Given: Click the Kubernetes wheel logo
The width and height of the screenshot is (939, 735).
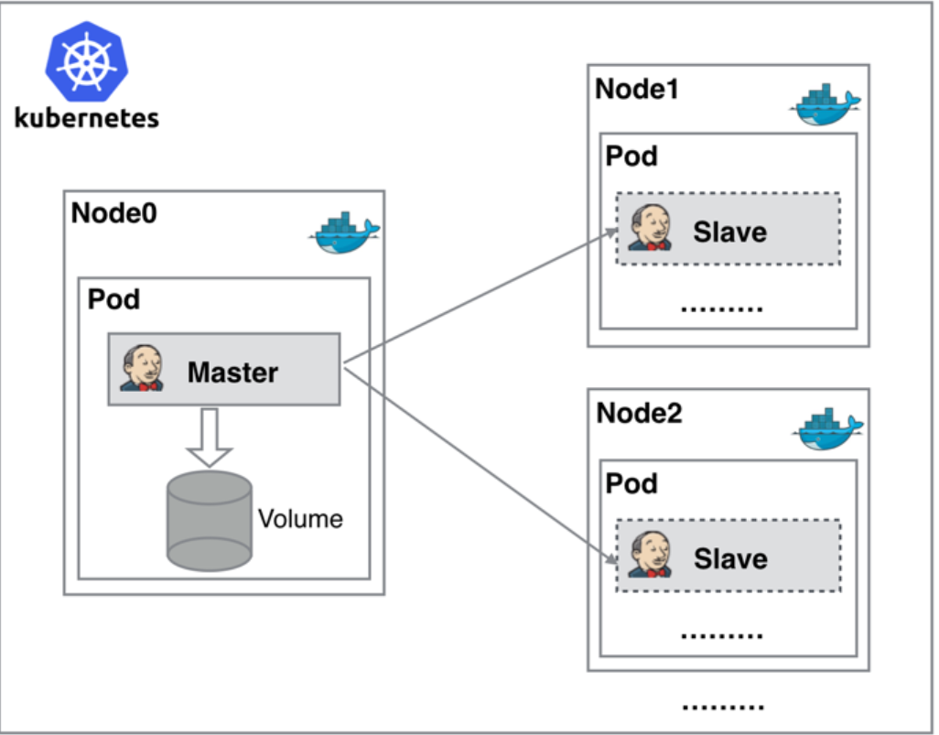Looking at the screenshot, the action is pos(87,61).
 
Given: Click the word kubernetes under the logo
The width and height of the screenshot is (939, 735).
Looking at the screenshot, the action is pos(87,118).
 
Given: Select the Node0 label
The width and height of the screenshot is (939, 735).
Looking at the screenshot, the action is pos(113,213).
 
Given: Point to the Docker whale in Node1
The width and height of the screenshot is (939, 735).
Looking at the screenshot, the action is pos(826,104).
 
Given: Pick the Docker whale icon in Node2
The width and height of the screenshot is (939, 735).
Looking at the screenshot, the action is pos(828,429).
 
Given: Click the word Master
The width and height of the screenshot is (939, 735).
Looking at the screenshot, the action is pos(233,373).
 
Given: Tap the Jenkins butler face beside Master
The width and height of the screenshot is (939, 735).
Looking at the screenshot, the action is pos(142,368).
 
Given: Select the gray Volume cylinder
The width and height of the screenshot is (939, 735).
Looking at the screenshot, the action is pos(209,521).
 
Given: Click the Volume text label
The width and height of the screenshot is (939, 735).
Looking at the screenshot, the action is pos(300,519).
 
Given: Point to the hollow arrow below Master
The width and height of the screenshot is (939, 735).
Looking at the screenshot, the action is pos(209,438).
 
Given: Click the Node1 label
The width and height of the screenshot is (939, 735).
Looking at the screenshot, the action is pos(637,90).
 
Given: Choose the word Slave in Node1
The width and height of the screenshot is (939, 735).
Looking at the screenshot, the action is pos(730,232).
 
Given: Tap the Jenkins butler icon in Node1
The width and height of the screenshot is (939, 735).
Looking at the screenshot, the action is pos(651,227).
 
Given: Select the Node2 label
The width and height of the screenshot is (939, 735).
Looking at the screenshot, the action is pos(639,414).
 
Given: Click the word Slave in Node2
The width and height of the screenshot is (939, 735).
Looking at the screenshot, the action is pos(730,559).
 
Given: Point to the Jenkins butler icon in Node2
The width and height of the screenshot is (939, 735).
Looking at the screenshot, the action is pos(651,554).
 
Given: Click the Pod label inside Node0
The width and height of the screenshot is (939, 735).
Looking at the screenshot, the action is pos(113,299).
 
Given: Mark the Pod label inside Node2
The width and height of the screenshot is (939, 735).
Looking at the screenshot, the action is pos(631,483).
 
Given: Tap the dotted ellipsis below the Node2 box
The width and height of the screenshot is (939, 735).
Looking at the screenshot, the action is pos(723,708).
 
